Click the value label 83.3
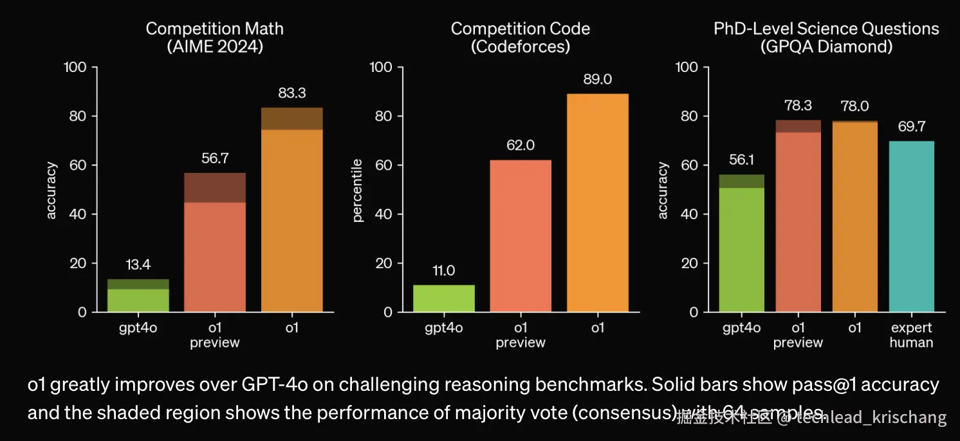[x=291, y=93]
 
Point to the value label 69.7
[x=911, y=127]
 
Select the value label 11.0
[x=444, y=271]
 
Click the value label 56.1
[x=742, y=160]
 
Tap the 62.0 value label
[x=521, y=146]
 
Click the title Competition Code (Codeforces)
[x=520, y=38]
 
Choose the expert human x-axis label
[x=910, y=335]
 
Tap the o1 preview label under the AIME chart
[x=214, y=335]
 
